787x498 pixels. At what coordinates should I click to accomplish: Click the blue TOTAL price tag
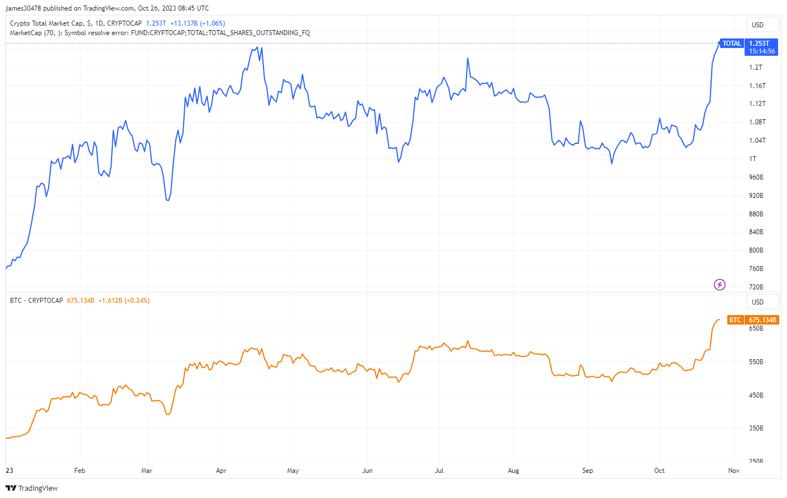tap(731, 43)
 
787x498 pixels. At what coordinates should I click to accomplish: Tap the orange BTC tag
tap(735, 320)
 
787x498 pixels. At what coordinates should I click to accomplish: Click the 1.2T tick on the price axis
tap(755, 67)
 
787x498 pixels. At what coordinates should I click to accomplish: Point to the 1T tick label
tap(753, 159)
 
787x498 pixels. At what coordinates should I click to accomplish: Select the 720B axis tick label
tap(756, 287)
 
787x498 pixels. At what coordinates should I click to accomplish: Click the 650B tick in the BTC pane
tap(756, 328)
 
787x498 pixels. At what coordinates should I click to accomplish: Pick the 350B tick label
tap(756, 428)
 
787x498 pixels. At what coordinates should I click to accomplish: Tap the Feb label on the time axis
tap(80, 471)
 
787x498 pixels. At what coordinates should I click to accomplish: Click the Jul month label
tap(439, 471)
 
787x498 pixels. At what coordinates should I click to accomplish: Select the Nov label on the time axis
tap(733, 471)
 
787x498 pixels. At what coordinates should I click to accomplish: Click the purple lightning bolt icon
tap(720, 285)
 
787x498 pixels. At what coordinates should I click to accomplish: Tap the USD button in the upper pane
tap(757, 25)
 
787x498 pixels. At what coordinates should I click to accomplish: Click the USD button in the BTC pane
tap(757, 302)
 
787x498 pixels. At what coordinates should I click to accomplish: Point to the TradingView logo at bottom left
tap(32, 489)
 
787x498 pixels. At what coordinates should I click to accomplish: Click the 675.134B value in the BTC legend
tap(80, 301)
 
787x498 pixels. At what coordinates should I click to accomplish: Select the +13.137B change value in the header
tap(184, 23)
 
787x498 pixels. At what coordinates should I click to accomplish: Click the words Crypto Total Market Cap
tap(46, 23)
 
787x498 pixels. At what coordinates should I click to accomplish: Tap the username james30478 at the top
tap(23, 8)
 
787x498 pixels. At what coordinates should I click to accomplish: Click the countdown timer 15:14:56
tap(762, 51)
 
